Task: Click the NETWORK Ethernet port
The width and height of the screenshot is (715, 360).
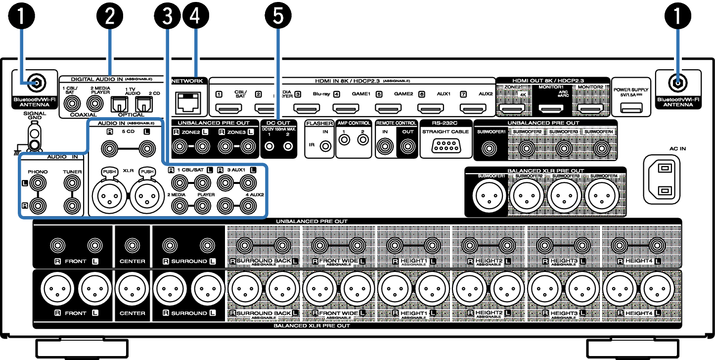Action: (x=188, y=101)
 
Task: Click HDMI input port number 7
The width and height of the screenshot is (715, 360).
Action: (x=470, y=108)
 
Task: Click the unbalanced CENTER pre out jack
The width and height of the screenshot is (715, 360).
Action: (x=132, y=245)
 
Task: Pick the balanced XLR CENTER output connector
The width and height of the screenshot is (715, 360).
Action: (x=132, y=289)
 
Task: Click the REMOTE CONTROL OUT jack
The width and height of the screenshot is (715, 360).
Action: (x=407, y=146)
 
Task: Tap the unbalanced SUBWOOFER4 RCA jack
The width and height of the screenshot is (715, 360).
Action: (x=601, y=147)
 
